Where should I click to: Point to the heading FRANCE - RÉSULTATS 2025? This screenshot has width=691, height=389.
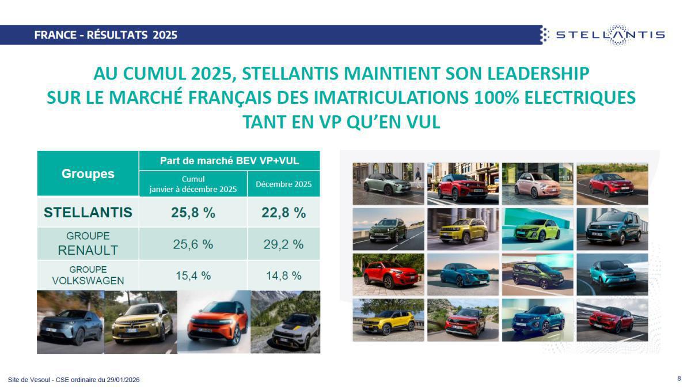[105, 35]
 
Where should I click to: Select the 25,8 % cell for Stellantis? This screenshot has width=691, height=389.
[193, 212]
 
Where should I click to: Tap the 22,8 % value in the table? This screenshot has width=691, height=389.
[283, 212]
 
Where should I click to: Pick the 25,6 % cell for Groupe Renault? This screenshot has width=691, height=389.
[193, 244]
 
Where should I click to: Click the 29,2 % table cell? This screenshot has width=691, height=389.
[283, 244]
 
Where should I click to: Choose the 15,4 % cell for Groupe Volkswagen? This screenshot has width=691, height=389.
[193, 275]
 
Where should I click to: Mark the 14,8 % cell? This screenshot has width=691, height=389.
[283, 275]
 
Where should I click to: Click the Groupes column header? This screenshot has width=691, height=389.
[88, 173]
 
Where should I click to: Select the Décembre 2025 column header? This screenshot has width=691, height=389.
[283, 184]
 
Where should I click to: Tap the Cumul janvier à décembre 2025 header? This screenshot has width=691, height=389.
[193, 184]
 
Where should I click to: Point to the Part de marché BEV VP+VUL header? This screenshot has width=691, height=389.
[229, 160]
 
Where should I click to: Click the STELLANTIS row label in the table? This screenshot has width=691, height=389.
[88, 212]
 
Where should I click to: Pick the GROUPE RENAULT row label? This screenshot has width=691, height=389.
[88, 244]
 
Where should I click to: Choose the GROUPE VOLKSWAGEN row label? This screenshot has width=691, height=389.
[88, 275]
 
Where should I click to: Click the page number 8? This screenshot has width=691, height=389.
[679, 379]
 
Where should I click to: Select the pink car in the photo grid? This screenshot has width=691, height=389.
[537, 184]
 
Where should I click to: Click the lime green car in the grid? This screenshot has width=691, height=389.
[537, 229]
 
